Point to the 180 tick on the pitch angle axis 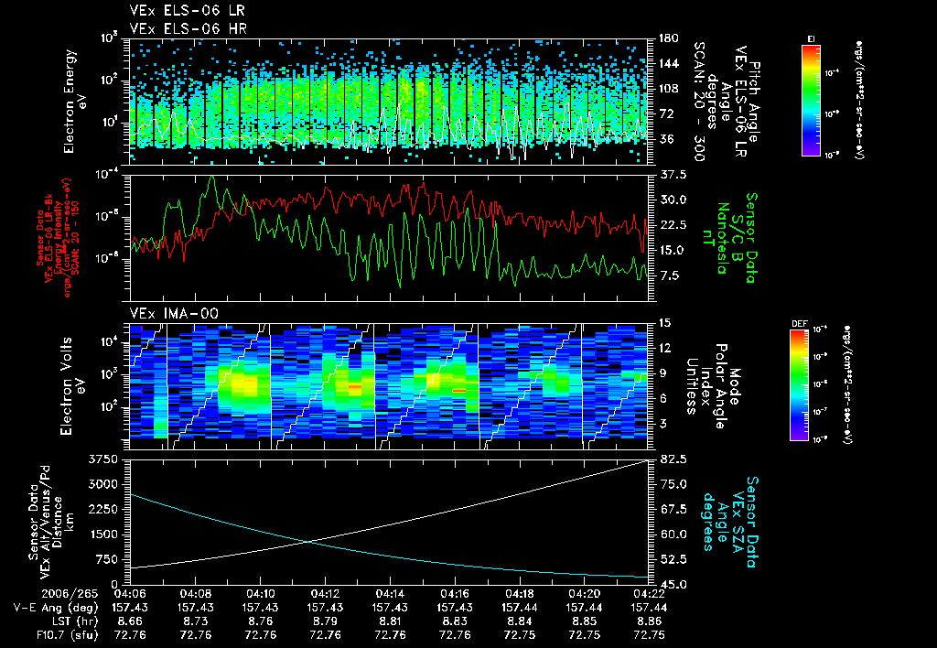pyautogui.click(x=666, y=38)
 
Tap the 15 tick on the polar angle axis pyautogui.click(x=662, y=322)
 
